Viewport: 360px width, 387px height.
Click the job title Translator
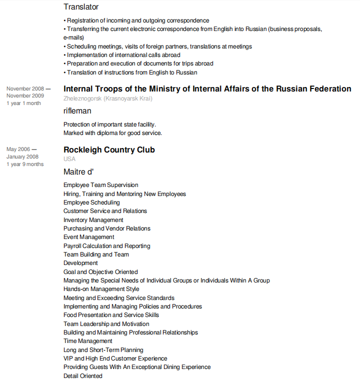(x=81, y=7)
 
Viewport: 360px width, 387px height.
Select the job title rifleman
(x=77, y=111)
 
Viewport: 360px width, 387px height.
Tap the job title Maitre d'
(x=78, y=172)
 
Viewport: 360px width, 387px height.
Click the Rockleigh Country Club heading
(x=109, y=150)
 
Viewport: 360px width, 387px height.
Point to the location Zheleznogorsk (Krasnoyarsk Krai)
(x=108, y=98)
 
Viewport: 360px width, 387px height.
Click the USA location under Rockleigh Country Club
(x=69, y=159)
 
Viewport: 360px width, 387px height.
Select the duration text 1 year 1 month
(x=23, y=103)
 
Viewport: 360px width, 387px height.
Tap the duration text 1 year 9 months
(x=25, y=164)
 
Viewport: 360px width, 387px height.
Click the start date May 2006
(x=18, y=149)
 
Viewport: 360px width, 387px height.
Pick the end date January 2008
(x=22, y=157)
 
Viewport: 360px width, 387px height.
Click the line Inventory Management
(x=93, y=220)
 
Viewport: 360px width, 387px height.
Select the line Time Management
(x=88, y=341)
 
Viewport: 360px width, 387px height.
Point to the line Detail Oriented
(x=83, y=376)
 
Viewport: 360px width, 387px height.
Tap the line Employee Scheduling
(x=91, y=202)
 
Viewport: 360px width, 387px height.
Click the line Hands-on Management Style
(x=101, y=289)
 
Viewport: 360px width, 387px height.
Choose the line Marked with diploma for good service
(x=113, y=133)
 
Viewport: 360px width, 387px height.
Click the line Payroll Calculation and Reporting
(x=107, y=246)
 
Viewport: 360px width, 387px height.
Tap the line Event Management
(x=89, y=237)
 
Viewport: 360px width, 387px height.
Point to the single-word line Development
(x=80, y=263)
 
